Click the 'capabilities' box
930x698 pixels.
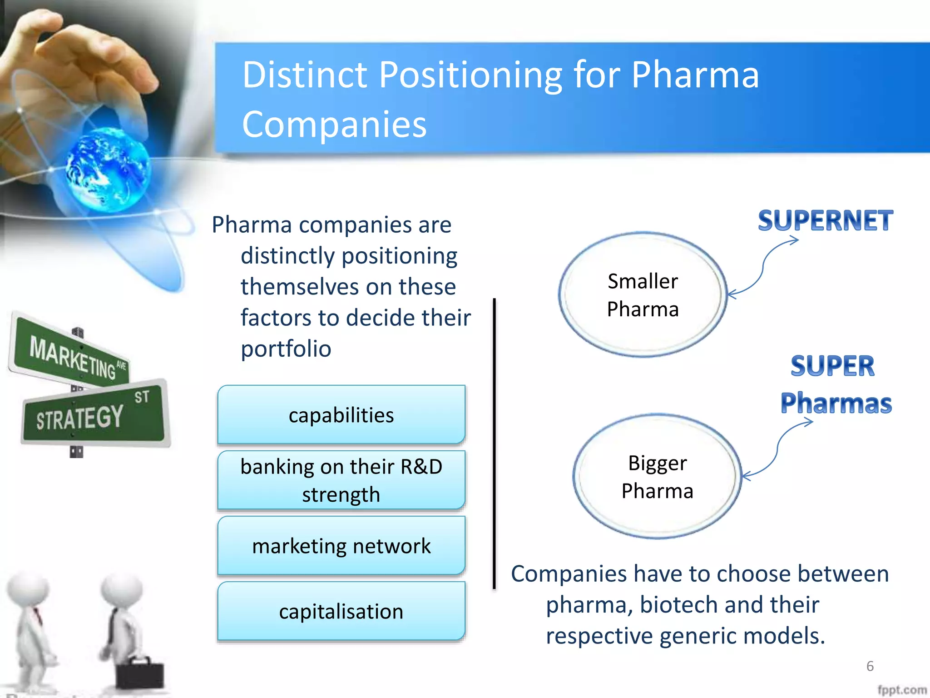pos(341,414)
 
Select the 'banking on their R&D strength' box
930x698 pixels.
pos(341,480)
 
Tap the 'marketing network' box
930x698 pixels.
pos(341,545)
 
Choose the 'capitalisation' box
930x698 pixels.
pos(341,611)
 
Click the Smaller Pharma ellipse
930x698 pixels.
pos(642,294)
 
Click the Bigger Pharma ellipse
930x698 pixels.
pos(657,476)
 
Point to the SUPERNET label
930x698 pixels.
pos(825,221)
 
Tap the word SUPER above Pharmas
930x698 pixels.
pos(832,366)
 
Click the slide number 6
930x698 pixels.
pos(870,666)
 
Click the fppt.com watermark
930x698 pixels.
pos(901,690)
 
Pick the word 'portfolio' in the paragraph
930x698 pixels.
pos(286,349)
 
